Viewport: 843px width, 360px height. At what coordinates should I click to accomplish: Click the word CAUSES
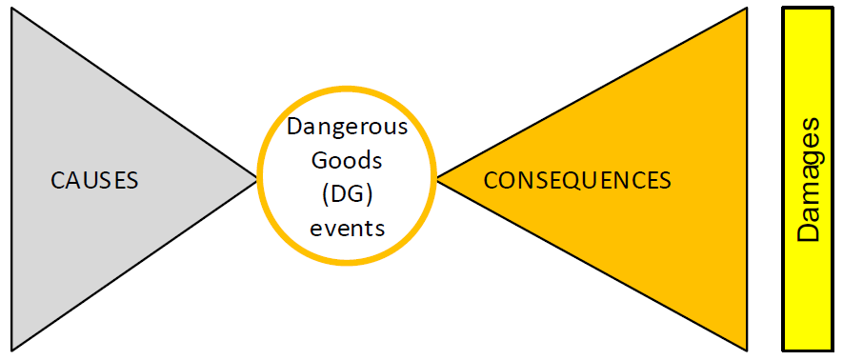point(94,179)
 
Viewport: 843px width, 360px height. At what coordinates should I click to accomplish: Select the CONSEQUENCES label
point(577,179)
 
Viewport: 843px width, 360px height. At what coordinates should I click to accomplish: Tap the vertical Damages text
point(808,179)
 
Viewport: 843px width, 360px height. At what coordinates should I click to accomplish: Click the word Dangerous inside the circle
point(348,127)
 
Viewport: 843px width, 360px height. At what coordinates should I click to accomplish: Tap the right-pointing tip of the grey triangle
point(257,178)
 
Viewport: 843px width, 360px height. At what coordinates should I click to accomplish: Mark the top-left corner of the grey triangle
point(11,10)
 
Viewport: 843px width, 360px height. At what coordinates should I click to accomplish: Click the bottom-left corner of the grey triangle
point(11,349)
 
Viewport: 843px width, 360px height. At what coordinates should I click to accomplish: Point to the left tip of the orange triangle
point(437,178)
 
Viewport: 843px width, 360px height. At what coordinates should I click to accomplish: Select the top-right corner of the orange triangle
point(746,10)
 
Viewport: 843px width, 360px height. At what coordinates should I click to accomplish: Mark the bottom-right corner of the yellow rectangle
point(834,350)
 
